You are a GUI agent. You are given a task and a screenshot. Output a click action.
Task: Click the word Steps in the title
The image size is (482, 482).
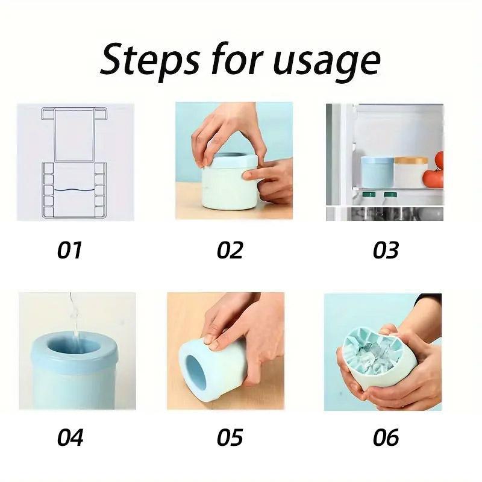click(154, 60)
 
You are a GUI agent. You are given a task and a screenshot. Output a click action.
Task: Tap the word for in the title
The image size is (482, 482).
click(233, 60)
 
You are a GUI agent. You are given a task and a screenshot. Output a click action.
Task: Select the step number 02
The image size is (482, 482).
click(230, 249)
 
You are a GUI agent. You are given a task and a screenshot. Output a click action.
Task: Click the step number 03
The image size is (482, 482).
click(386, 249)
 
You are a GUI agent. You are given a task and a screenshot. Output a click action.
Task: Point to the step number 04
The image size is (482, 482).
click(70, 437)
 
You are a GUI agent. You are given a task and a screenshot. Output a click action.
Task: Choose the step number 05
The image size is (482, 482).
click(230, 437)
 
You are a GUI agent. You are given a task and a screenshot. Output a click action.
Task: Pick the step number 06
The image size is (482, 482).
click(386, 437)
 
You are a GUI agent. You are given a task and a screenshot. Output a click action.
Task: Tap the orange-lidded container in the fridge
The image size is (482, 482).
click(411, 171)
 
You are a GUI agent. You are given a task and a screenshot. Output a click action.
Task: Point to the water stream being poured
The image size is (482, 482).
click(73, 316)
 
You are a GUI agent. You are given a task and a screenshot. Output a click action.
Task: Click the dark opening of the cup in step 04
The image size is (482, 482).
click(74, 347)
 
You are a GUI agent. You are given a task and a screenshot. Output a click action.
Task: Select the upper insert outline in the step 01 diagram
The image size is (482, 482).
click(75, 134)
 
